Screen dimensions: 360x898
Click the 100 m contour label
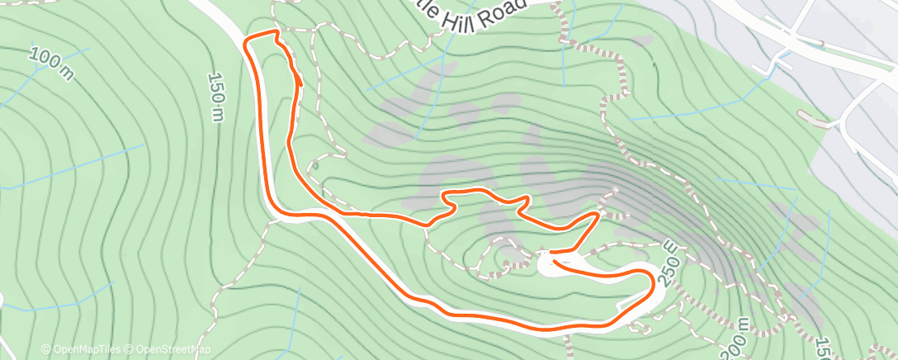[51, 64]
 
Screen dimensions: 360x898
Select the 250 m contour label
[670, 263]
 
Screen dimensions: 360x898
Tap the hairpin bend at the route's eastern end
[653, 281]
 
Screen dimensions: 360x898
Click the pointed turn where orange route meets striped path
[596, 214]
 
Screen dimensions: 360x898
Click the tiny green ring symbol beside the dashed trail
[314, 164]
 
